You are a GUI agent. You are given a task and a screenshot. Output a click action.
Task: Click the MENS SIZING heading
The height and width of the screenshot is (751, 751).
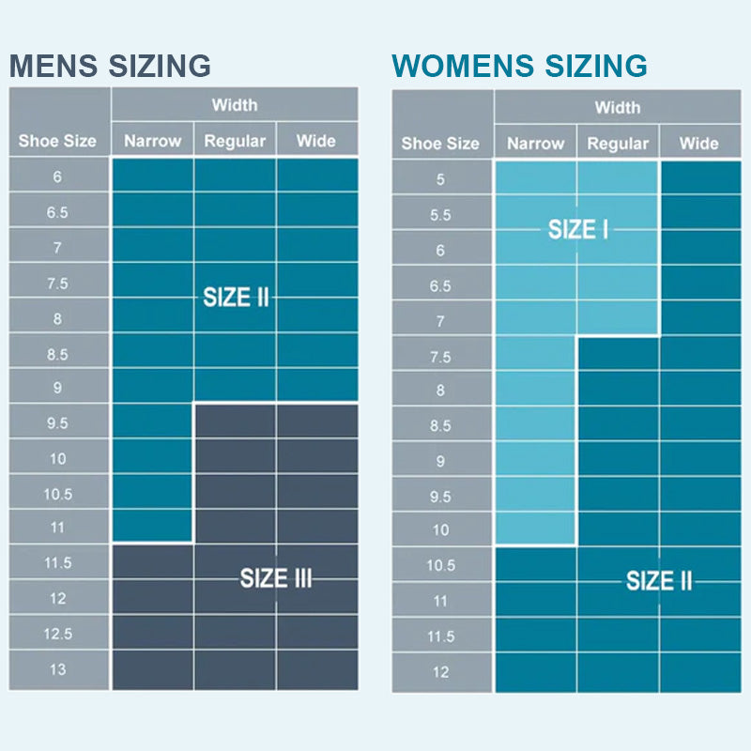[x=110, y=66]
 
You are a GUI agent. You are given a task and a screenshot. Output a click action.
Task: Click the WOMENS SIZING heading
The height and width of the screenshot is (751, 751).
[x=519, y=66]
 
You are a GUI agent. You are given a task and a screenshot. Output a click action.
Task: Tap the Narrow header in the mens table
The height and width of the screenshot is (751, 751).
[x=152, y=141]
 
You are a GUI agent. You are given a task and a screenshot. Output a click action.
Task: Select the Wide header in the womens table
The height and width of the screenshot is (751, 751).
[x=698, y=144]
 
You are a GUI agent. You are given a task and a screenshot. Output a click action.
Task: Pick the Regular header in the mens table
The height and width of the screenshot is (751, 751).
[x=235, y=141]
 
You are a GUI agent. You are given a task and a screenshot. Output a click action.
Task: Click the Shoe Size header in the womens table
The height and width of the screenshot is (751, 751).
[x=440, y=144]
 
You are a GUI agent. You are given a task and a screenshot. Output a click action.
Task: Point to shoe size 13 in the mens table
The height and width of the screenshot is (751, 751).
[x=57, y=669]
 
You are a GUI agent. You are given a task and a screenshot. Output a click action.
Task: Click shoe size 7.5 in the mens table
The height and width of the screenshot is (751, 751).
[x=57, y=283]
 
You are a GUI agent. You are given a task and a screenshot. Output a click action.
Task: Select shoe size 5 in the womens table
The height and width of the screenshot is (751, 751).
[x=440, y=179]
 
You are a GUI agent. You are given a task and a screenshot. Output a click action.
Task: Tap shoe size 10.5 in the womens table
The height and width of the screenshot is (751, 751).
[x=440, y=565]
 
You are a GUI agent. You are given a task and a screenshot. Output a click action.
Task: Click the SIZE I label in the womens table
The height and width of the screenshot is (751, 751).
[x=577, y=229]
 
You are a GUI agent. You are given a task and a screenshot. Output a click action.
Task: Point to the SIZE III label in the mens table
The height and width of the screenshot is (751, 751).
[x=275, y=577]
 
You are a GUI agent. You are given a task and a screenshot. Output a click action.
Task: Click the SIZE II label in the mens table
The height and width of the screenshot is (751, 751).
[x=236, y=298]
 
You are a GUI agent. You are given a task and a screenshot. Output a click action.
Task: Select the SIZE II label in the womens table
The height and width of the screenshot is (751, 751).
[x=659, y=581]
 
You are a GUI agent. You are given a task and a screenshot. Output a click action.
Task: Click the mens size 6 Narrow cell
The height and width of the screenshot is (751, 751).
[x=152, y=176]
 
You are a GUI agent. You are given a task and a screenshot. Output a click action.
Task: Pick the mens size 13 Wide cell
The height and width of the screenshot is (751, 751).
[x=316, y=669]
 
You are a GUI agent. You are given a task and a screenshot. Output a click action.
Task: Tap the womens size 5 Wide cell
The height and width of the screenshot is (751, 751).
[x=699, y=178]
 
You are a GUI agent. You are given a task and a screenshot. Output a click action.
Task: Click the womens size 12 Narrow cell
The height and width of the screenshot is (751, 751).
[x=535, y=672]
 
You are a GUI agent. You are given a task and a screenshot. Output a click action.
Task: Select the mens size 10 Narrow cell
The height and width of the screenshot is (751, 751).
[x=152, y=458]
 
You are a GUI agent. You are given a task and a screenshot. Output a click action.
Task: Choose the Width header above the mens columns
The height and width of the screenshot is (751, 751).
[x=235, y=104]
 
